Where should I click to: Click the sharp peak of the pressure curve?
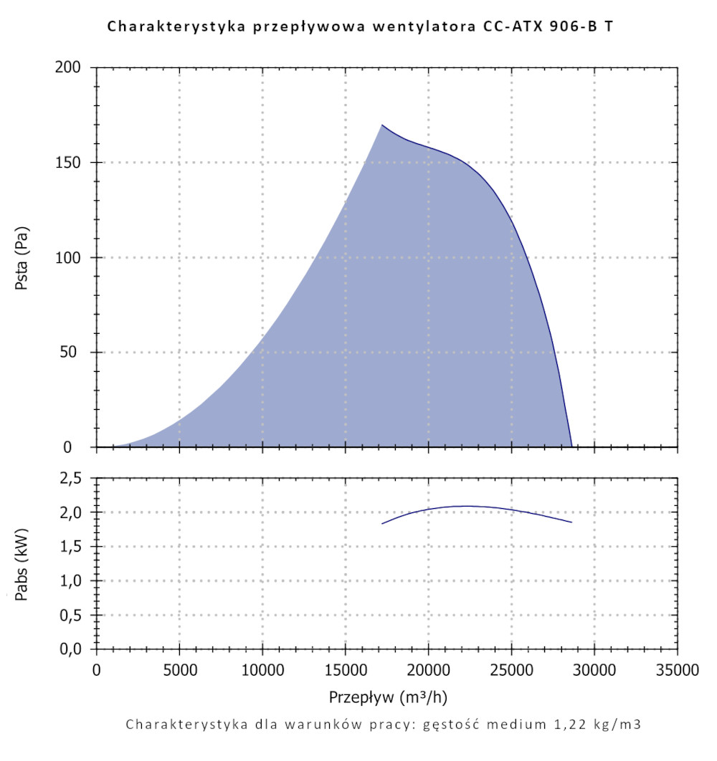[382, 125]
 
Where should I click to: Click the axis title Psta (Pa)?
[22, 257]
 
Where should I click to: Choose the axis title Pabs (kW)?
[22, 563]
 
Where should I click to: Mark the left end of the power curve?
[382, 524]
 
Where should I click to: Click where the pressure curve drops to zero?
[571, 446]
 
